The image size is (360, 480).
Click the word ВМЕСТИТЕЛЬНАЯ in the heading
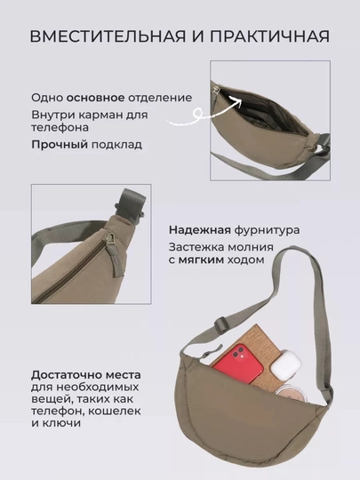click(x=108, y=36)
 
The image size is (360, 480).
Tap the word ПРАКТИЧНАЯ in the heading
click(x=269, y=36)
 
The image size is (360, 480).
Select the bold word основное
click(x=95, y=98)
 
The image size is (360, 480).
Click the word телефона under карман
click(x=60, y=127)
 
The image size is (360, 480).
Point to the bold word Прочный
click(x=60, y=145)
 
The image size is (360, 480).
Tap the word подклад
click(x=117, y=145)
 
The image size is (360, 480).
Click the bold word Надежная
click(x=200, y=230)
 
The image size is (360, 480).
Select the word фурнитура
click(x=267, y=230)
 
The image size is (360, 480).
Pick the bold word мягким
click(x=202, y=260)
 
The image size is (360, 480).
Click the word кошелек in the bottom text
click(x=114, y=412)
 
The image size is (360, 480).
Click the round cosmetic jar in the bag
click(x=290, y=395)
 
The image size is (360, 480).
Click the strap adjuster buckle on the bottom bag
click(x=220, y=324)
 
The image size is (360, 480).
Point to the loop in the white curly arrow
click(x=199, y=113)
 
